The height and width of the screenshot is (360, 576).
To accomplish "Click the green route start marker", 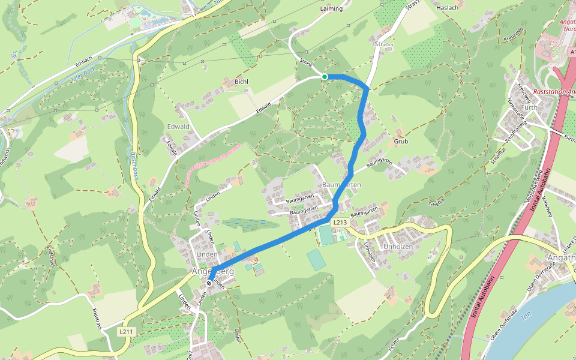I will tap(325, 77).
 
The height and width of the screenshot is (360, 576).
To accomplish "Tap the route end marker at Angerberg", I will tap(209, 283).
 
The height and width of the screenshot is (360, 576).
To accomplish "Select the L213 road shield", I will tap(340, 223).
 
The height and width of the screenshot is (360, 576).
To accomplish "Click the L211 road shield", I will tap(125, 331).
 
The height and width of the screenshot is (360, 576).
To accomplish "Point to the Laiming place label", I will tap(332, 9).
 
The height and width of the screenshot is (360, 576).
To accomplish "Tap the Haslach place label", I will tap(448, 8).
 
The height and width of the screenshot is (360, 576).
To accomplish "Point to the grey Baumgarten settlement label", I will tap(341, 185).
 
